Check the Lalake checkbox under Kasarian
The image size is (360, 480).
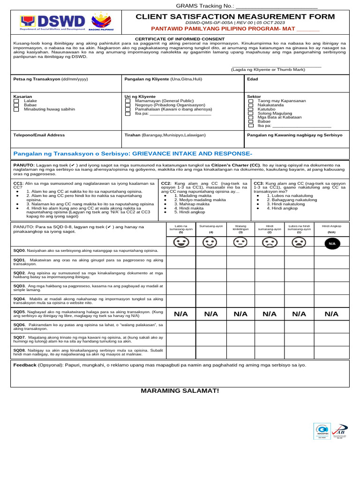(x=16, y=101)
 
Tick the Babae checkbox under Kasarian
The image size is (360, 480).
(x=16, y=105)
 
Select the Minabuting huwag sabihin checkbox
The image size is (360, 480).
(x=16, y=109)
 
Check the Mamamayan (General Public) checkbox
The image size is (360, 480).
(x=128, y=101)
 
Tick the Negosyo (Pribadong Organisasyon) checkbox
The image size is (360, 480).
(x=128, y=105)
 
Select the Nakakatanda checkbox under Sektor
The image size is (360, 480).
(x=251, y=105)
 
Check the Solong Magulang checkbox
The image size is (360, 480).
(x=251, y=113)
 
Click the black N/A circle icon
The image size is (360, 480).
(x=332, y=243)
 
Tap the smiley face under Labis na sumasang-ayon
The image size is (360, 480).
(x=181, y=243)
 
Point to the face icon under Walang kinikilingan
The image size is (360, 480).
(x=240, y=243)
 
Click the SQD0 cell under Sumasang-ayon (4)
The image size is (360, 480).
(x=211, y=251)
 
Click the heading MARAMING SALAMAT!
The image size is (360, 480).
(x=180, y=391)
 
